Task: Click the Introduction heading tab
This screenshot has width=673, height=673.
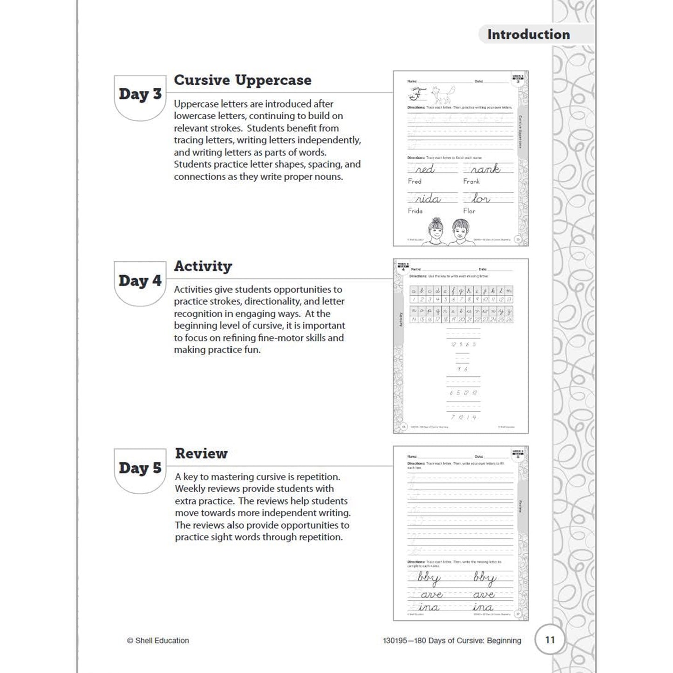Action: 528,34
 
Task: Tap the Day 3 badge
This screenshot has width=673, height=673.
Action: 140,95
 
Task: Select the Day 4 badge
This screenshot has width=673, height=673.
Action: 140,281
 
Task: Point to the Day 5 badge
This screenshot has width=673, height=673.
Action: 140,468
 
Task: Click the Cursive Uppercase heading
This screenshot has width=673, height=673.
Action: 243,80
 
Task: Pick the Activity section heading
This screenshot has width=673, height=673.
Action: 203,266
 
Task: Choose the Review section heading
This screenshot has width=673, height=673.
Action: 201,454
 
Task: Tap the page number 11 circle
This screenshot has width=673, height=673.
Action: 550,640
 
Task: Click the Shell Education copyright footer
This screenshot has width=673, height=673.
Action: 158,641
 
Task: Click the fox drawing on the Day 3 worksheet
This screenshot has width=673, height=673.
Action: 443,95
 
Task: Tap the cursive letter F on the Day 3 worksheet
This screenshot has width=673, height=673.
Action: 417,95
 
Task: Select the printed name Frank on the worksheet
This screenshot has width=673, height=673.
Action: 471,182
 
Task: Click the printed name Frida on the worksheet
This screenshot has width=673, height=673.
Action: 415,211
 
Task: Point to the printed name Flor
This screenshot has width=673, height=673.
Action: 469,211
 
